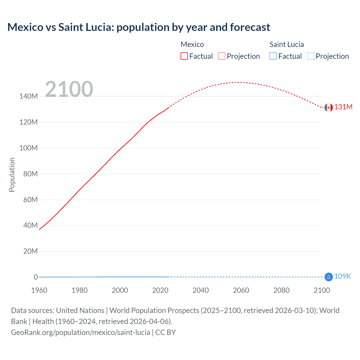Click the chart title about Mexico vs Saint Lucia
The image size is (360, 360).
139,27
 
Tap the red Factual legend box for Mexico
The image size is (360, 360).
184,56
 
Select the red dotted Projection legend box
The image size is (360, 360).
222,56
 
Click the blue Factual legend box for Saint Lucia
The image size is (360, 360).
273,56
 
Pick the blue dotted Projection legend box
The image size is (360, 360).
310,56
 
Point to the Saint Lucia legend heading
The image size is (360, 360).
287,44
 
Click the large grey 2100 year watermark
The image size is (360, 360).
69,89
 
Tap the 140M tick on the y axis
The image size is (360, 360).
28,96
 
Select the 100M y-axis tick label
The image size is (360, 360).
28,148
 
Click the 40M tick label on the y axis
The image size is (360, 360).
30,225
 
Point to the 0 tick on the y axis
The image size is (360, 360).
36,277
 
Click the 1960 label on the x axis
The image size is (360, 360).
39,290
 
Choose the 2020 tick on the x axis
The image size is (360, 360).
160,290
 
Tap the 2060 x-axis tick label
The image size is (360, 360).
241,290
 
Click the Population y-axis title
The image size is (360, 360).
12,175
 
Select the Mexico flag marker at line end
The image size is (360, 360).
328,107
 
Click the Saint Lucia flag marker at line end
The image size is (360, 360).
328,277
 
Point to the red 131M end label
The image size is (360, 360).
343,107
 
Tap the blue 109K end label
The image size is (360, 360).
342,276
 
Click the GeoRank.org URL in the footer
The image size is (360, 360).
80,332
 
